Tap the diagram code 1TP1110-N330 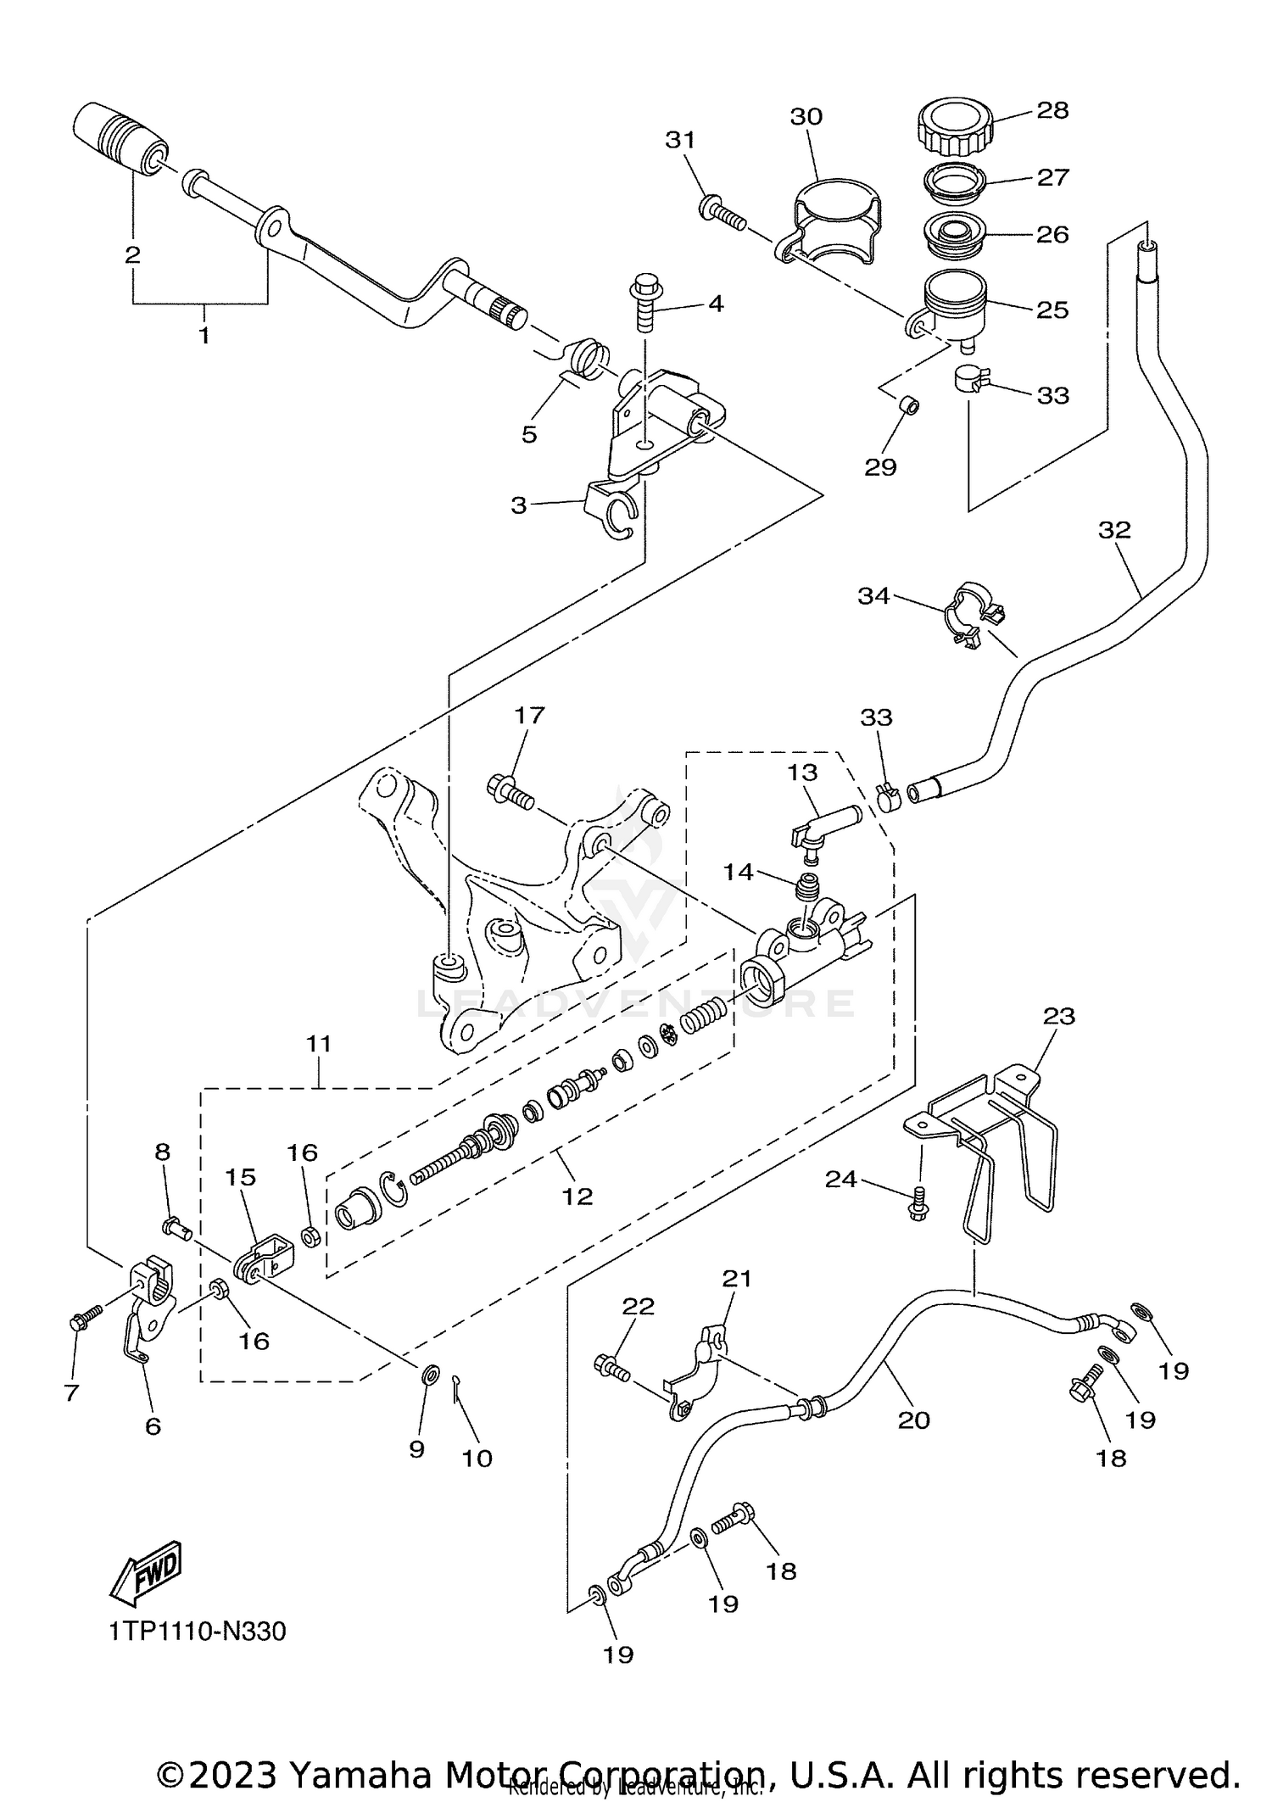pyautogui.click(x=198, y=1655)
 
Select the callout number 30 pyautogui.click(x=806, y=116)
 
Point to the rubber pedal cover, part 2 pyautogui.click(x=121, y=137)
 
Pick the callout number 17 pyautogui.click(x=529, y=715)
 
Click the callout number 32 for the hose pyautogui.click(x=1114, y=530)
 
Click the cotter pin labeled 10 pyautogui.click(x=456, y=1411)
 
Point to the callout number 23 pyautogui.click(x=1059, y=1015)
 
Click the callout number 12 pyautogui.click(x=577, y=1196)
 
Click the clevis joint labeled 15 pyautogui.click(x=266, y=1255)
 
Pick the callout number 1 pyautogui.click(x=204, y=335)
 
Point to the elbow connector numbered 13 pyautogui.click(x=823, y=827)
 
